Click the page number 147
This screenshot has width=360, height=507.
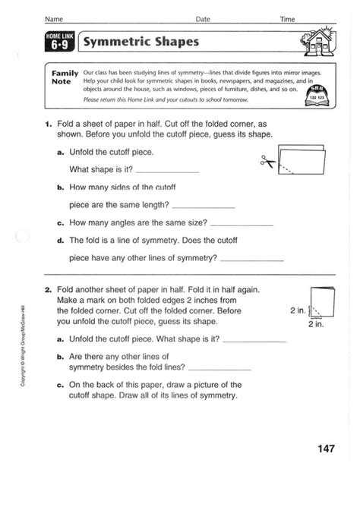tap(326, 449)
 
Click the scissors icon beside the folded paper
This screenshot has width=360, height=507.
tap(267, 161)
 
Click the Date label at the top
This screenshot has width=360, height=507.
tap(203, 17)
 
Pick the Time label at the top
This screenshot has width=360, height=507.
tap(286, 17)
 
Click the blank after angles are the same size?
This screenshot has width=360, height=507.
tap(241, 225)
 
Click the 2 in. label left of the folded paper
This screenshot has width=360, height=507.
tap(298, 310)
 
